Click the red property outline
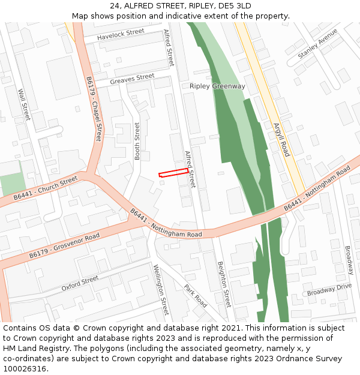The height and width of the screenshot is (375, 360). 174,173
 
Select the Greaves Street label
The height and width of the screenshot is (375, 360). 133,79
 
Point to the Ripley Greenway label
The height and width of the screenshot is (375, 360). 217,86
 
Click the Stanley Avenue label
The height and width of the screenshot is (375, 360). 317,44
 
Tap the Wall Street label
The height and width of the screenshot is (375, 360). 24,105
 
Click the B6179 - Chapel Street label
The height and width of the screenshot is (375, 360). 94,109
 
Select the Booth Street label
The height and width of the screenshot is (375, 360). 137,141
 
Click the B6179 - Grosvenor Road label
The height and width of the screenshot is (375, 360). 65,247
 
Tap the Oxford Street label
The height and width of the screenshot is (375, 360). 80,283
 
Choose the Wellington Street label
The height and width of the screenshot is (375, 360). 161,290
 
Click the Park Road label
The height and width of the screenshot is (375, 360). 196,296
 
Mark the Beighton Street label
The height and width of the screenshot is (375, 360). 224,283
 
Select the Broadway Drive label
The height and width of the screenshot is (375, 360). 329,290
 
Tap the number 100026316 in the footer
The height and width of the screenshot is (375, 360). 25,368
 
